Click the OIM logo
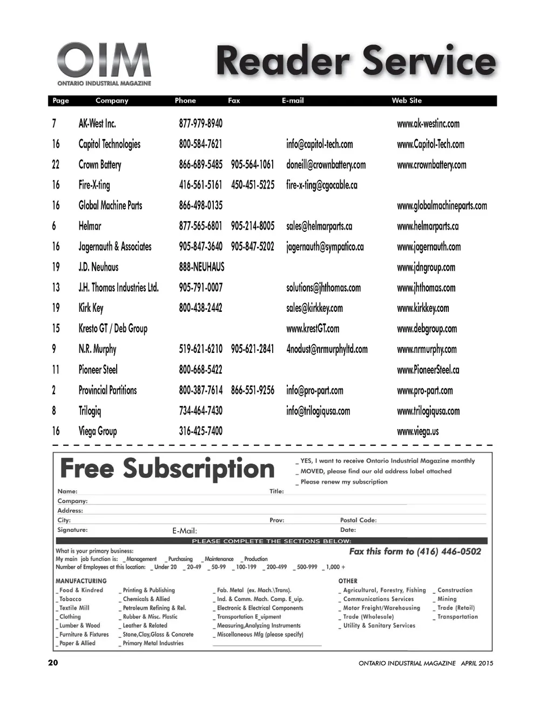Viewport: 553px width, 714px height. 104,64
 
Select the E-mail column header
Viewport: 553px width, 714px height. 293,101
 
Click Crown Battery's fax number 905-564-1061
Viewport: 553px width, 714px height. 252,165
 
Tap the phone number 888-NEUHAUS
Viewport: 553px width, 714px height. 201,267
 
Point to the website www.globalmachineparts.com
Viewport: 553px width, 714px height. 442,206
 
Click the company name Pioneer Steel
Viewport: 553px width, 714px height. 98,370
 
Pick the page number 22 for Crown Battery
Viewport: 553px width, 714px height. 56,165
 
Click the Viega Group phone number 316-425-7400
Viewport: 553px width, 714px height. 200,431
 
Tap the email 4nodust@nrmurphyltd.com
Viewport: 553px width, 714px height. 327,349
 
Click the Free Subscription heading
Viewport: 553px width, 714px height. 167,469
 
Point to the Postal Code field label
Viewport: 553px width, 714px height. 358,520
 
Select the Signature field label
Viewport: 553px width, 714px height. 72,530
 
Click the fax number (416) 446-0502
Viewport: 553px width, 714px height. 449,552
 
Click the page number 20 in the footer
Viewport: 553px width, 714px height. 53,663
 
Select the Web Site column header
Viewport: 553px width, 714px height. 407,101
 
